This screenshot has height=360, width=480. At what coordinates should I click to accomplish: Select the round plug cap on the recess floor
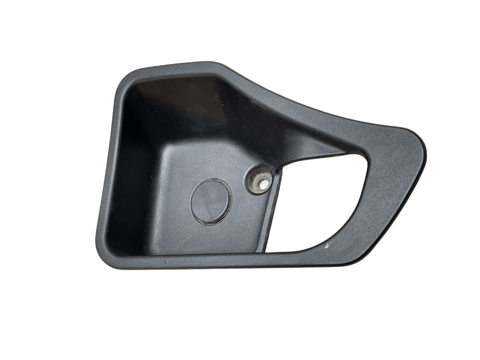[211, 201]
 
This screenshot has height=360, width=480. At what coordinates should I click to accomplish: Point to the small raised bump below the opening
[326, 246]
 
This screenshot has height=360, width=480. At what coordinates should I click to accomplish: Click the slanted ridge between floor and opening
[272, 210]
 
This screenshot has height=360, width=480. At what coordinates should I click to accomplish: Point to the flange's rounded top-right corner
[418, 139]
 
